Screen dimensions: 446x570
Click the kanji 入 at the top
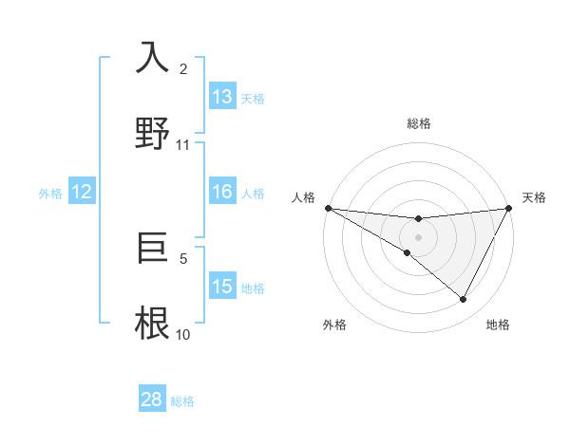click(x=153, y=58)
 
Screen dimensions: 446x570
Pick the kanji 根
click(x=153, y=323)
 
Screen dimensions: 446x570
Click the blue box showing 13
click(x=222, y=97)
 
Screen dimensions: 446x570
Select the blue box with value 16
click(x=222, y=192)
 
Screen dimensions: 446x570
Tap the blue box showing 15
click(x=222, y=287)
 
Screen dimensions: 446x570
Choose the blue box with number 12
click(x=82, y=192)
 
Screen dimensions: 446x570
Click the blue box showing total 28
click(x=152, y=400)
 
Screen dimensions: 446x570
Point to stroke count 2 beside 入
click(x=183, y=69)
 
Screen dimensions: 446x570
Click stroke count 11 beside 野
click(x=183, y=144)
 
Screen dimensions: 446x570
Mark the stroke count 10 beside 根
click(x=183, y=334)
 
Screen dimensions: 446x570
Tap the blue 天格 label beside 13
click(x=252, y=99)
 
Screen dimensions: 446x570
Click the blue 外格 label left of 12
click(x=50, y=194)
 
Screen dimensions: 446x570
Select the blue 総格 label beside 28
click(x=182, y=401)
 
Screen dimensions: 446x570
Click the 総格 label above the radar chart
click(x=418, y=123)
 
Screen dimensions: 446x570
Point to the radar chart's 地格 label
click(x=498, y=325)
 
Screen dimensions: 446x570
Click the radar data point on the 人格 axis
click(x=328, y=208)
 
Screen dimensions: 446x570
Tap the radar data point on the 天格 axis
click(x=509, y=208)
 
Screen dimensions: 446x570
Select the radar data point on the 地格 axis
click(x=464, y=300)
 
